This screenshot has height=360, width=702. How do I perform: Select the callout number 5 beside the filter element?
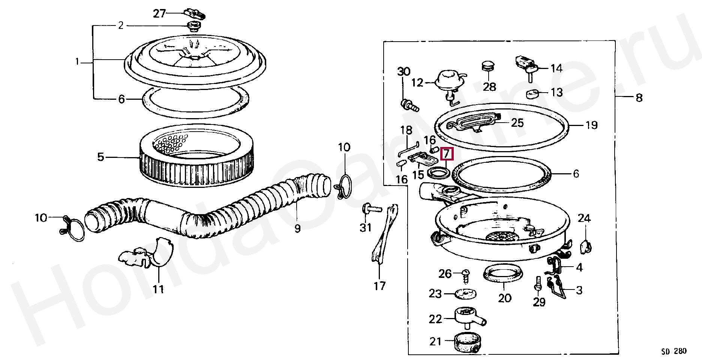coord(100,157)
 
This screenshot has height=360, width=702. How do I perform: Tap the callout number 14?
coord(556,68)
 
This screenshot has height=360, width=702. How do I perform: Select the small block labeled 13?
coord(532,93)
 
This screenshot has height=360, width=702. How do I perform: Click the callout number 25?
coord(517,123)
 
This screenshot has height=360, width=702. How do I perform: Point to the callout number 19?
coord(591,125)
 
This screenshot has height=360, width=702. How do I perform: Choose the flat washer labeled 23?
coord(465,293)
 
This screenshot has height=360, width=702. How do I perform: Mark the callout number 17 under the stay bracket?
coord(379,286)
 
